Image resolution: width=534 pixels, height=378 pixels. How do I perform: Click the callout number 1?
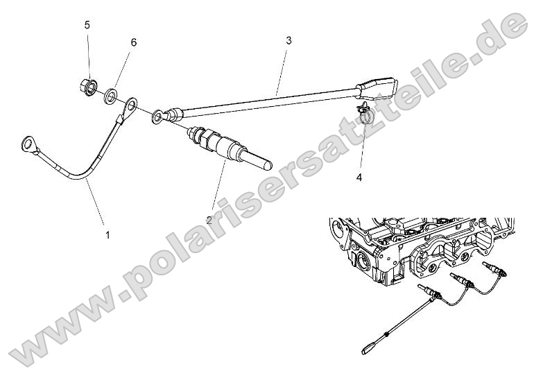(x=107, y=235)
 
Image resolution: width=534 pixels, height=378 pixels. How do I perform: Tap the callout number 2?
(x=209, y=220)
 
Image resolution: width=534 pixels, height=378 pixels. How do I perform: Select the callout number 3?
(x=288, y=40)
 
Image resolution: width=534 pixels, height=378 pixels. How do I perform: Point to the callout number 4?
(x=359, y=178)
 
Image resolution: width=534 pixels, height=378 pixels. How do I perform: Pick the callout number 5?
(x=87, y=25)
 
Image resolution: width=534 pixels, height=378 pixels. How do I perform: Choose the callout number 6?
(x=133, y=42)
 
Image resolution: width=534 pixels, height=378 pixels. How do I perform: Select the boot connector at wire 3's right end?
(x=378, y=89)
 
